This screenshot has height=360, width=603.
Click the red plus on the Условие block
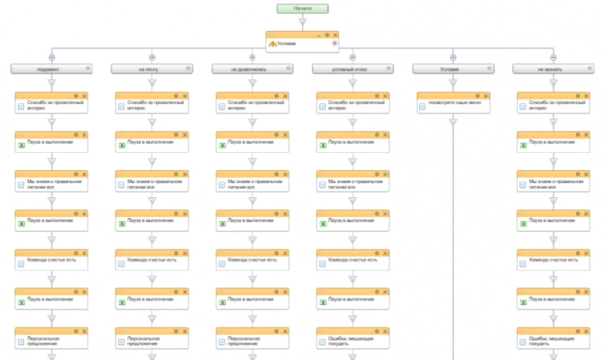(334, 44)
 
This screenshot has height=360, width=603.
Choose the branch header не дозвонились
(252, 69)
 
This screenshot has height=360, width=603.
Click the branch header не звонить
(553, 69)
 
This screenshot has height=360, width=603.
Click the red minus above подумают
(51, 57)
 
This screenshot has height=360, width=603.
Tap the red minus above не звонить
(553, 57)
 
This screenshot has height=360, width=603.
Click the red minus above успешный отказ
(353, 57)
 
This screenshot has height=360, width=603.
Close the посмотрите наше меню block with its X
(486, 96)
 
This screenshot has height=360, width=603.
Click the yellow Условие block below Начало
(302, 44)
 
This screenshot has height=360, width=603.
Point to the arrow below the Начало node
(302, 23)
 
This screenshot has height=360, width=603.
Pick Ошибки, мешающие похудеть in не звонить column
(553, 340)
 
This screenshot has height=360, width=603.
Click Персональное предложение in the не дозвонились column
(252, 340)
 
